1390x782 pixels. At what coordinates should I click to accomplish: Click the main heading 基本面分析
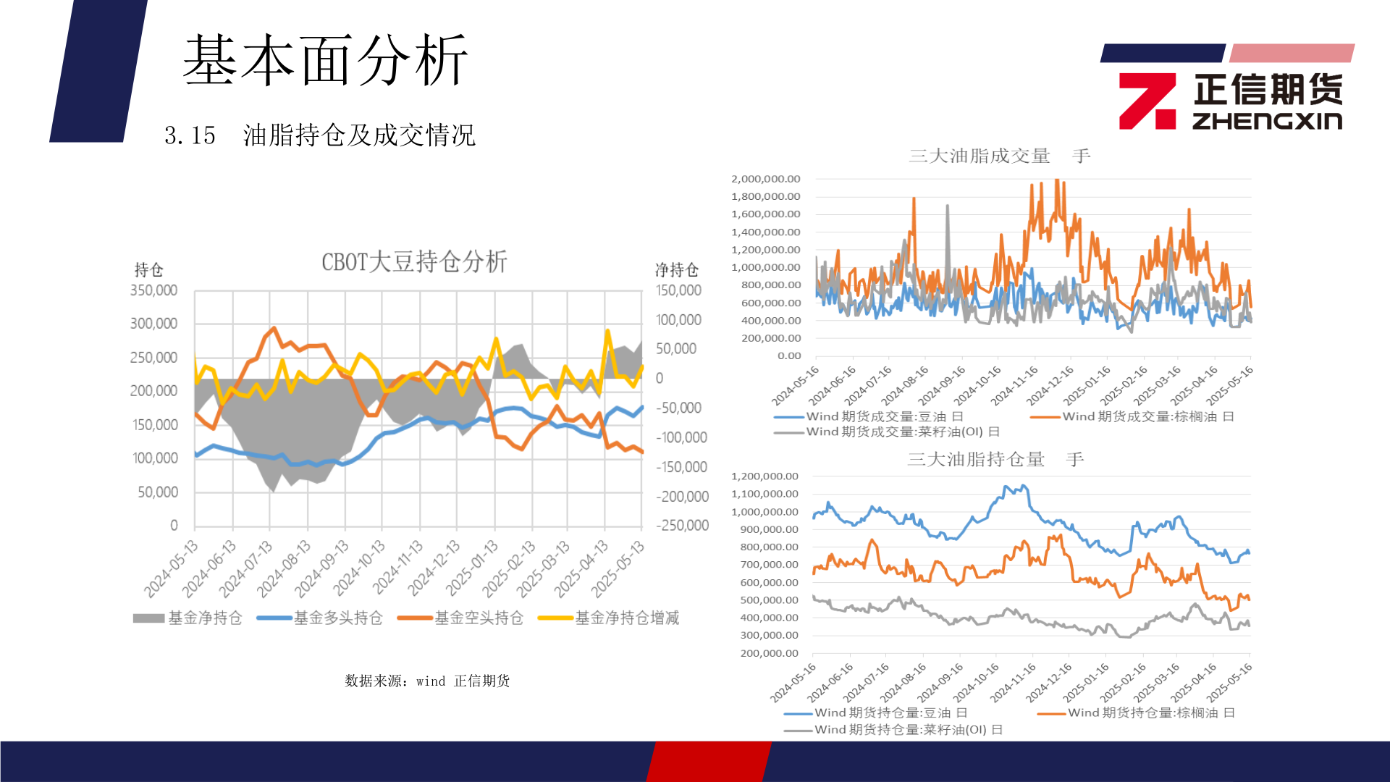(325, 61)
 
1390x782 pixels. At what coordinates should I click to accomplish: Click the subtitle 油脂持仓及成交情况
(359, 135)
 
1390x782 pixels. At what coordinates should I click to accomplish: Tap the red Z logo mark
(1147, 101)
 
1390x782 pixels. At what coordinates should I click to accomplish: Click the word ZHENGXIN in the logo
(1267, 120)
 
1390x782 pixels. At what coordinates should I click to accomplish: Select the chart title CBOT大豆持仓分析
(414, 261)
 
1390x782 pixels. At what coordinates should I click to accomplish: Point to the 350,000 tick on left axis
(153, 290)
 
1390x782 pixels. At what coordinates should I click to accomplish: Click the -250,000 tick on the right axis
(682, 526)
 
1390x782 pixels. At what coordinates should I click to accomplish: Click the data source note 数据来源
(427, 681)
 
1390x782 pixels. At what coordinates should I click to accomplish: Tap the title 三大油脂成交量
(980, 156)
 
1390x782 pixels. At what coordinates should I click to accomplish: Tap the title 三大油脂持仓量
(976, 459)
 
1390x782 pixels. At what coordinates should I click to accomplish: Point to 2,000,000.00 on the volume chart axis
(765, 179)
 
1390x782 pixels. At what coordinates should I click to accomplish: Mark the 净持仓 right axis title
(676, 270)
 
